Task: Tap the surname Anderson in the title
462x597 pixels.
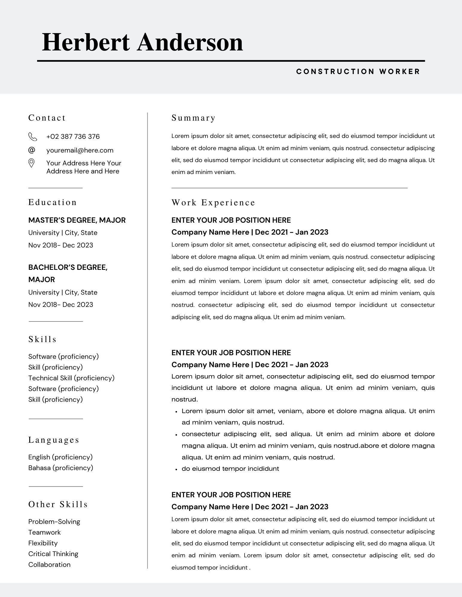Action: tap(190, 42)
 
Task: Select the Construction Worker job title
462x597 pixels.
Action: tap(358, 72)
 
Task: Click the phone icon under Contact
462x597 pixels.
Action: tap(32, 137)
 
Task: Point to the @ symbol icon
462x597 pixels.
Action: tap(32, 150)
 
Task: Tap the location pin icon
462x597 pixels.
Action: tap(31, 163)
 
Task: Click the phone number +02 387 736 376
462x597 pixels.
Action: tap(73, 137)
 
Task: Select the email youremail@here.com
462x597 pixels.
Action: tap(80, 150)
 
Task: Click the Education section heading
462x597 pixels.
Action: tap(53, 202)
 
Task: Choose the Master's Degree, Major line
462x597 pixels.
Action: tap(77, 220)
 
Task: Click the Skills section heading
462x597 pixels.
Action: tap(42, 339)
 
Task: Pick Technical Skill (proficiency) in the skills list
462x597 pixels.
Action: tap(71, 378)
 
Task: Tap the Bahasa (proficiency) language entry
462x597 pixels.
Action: tap(61, 468)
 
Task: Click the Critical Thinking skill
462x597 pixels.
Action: tap(53, 554)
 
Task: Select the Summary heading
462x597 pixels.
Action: tap(193, 118)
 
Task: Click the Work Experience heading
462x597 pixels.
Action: tap(213, 203)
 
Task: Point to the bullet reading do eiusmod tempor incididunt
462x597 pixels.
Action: tap(230, 469)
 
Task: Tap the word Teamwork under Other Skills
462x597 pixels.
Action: tap(45, 533)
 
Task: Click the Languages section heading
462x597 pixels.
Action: tap(54, 440)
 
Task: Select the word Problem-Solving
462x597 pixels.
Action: tap(54, 522)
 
